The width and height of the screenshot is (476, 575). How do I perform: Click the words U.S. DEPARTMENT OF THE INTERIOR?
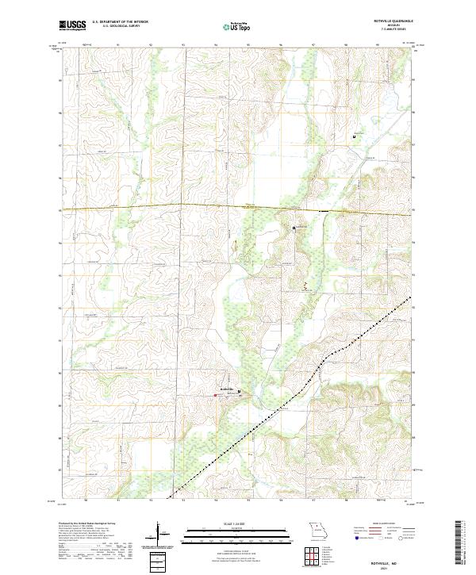click(x=120, y=22)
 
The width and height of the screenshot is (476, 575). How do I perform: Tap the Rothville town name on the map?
click(x=228, y=389)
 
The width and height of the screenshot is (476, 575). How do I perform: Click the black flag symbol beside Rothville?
click(x=240, y=389)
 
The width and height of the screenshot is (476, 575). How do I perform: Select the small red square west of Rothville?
click(x=221, y=393)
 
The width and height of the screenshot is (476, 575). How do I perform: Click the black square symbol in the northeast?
click(x=354, y=136)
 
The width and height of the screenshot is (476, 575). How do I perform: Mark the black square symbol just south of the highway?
click(x=294, y=228)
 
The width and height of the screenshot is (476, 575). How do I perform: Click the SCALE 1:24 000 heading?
click(x=238, y=524)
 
